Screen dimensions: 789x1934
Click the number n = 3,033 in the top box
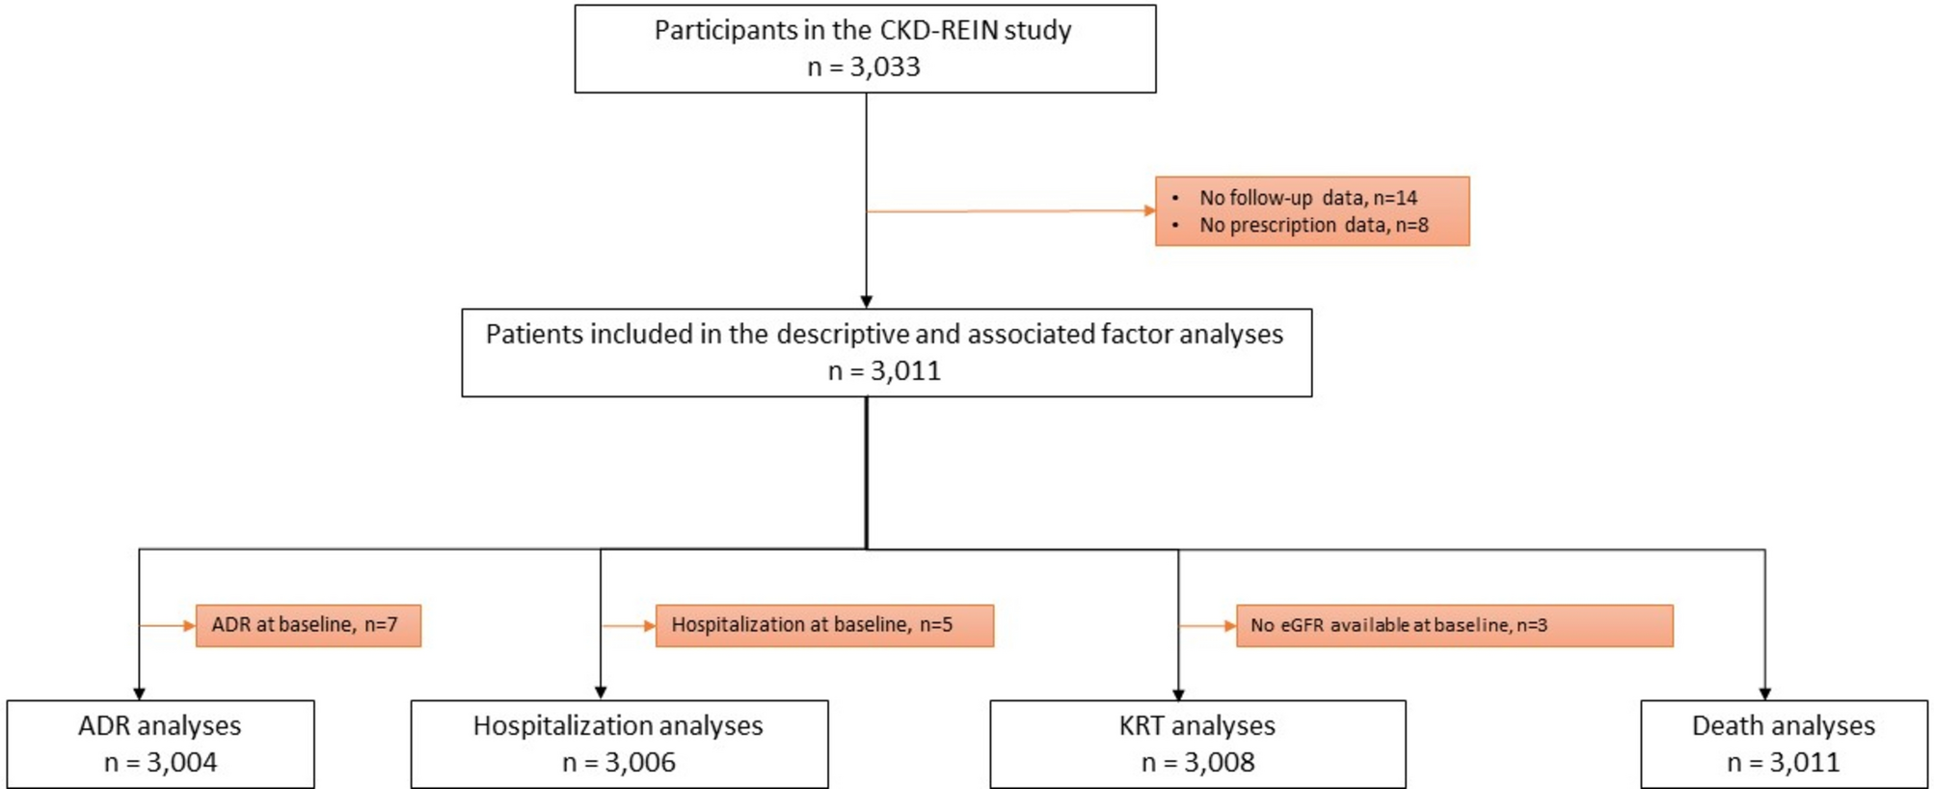click(x=864, y=67)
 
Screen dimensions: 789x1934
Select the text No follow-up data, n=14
click(x=1307, y=198)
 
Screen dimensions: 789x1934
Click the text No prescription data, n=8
click(x=1313, y=225)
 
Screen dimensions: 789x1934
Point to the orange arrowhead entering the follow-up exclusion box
click(x=1149, y=210)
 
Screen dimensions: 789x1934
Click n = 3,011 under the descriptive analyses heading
click(x=884, y=370)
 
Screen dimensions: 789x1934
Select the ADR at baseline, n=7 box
click(x=308, y=625)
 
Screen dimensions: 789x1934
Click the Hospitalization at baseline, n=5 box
click(x=823, y=625)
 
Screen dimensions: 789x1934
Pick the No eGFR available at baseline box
click(x=1454, y=625)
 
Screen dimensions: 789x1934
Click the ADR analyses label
click(x=160, y=725)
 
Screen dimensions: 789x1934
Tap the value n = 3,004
click(x=160, y=762)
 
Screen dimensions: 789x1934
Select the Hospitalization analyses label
click(x=618, y=725)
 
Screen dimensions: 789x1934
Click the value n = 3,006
click(x=618, y=762)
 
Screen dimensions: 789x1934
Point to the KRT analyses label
click(x=1196, y=725)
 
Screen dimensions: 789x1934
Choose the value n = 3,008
click(x=1197, y=762)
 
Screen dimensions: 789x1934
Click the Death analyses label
click(x=1784, y=725)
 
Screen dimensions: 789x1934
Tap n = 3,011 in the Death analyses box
click(x=1783, y=762)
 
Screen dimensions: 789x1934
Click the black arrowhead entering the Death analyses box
click(x=1764, y=694)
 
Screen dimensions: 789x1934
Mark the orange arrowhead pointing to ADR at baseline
click(x=190, y=626)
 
